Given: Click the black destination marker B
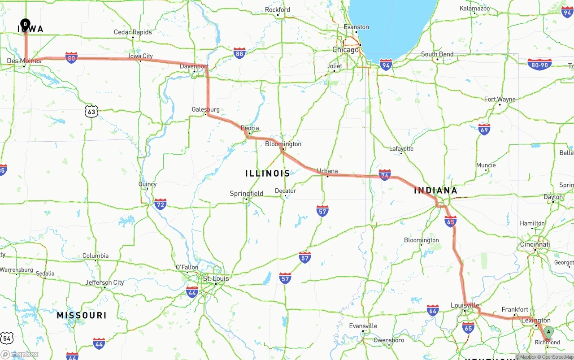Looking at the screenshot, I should point(26,24).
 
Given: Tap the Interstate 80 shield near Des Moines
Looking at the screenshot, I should point(71,57).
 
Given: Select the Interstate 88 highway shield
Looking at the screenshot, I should point(239,53).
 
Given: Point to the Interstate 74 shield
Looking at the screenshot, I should point(384,175).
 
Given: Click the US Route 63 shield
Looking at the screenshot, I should point(91,111).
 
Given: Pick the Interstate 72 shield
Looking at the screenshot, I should point(160,204).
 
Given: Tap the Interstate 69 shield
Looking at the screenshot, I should point(484,130).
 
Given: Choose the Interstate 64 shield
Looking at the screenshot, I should point(432,310).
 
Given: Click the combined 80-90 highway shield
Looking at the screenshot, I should point(539,65).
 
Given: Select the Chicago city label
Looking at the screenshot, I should point(345,50).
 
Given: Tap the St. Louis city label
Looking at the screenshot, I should point(216,278).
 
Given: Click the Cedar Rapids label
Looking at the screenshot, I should point(133,32).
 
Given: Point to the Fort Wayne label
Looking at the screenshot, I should point(500,100).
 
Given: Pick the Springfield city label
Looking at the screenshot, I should point(246,194).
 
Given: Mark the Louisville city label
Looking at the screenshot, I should point(465,305).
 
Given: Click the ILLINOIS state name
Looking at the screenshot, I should point(268,173).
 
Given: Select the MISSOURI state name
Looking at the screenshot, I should point(82,315).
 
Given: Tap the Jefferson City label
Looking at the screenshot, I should point(104,282).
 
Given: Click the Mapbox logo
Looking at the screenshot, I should point(20,354).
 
